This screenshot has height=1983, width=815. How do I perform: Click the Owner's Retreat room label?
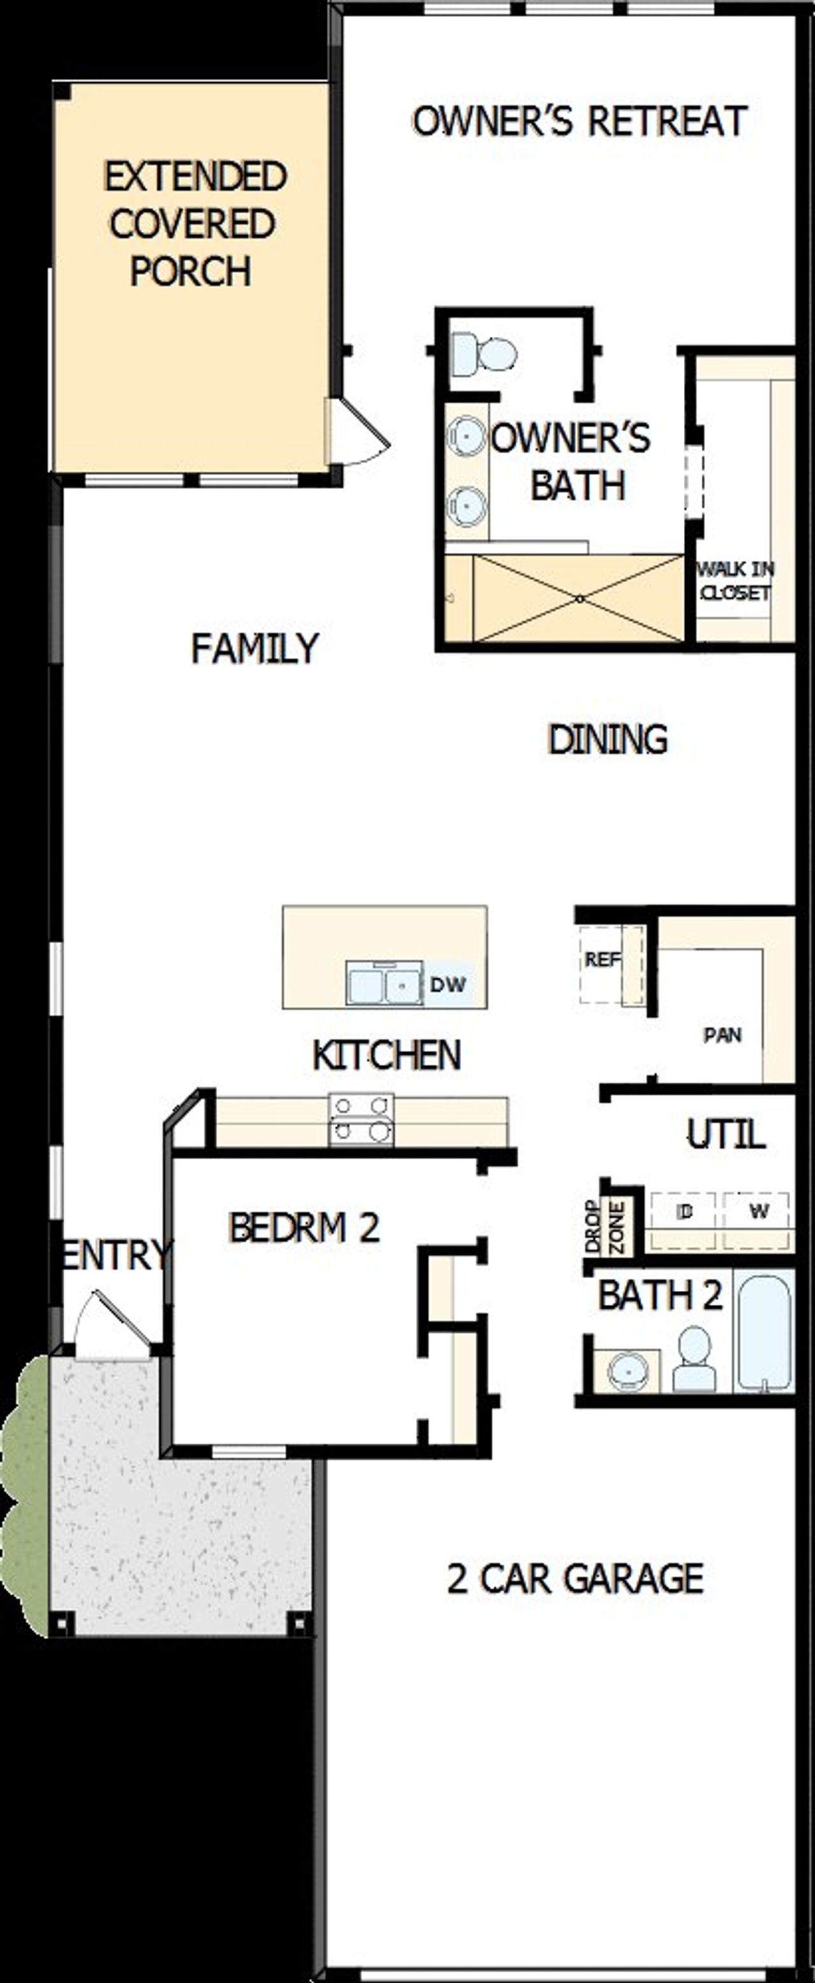tap(579, 122)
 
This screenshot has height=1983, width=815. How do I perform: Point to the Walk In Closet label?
tap(735, 580)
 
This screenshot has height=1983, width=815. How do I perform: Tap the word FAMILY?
tap(254, 648)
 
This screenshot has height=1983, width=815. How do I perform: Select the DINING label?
tap(607, 739)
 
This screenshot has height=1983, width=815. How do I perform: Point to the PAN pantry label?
tap(722, 1035)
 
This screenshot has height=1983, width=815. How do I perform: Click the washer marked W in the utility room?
tap(758, 1212)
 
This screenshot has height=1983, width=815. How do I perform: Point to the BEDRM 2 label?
tap(304, 1228)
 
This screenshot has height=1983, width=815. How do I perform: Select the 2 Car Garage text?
tap(575, 1579)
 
